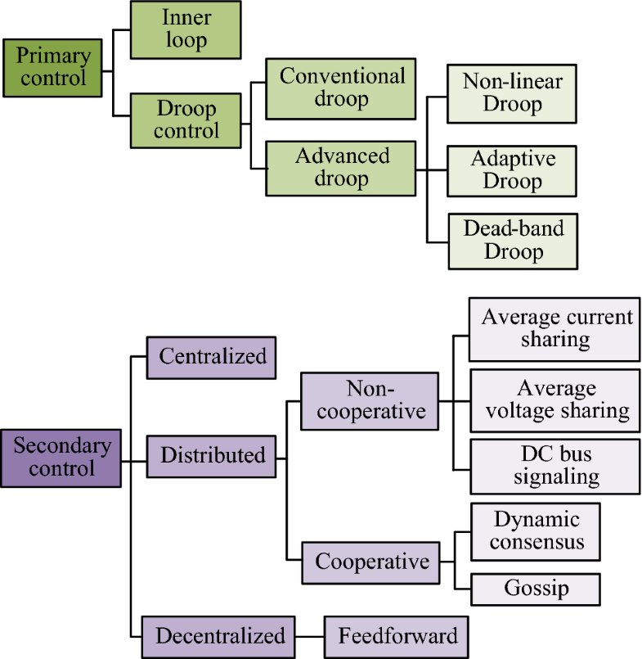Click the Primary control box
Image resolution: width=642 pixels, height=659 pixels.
coord(53,66)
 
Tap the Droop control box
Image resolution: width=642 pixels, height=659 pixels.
coord(186,120)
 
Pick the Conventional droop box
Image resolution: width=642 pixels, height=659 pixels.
coord(342,88)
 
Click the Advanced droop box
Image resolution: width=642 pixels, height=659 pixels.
coord(342,167)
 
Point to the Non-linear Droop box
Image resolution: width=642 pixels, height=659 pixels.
coord(512,93)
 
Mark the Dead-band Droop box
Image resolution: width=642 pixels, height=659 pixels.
coord(512,240)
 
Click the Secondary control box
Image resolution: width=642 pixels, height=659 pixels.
coord(61,458)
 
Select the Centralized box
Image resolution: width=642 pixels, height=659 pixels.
coord(212,357)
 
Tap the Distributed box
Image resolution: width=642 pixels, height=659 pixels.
coord(212,455)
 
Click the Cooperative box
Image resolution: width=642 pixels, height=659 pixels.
coord(371,562)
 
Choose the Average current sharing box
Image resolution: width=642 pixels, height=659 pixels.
coord(554,328)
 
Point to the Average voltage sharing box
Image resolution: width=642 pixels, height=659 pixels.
coord(554,399)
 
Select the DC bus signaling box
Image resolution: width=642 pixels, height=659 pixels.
coord(554,466)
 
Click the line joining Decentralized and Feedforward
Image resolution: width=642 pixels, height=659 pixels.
coord(311,636)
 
